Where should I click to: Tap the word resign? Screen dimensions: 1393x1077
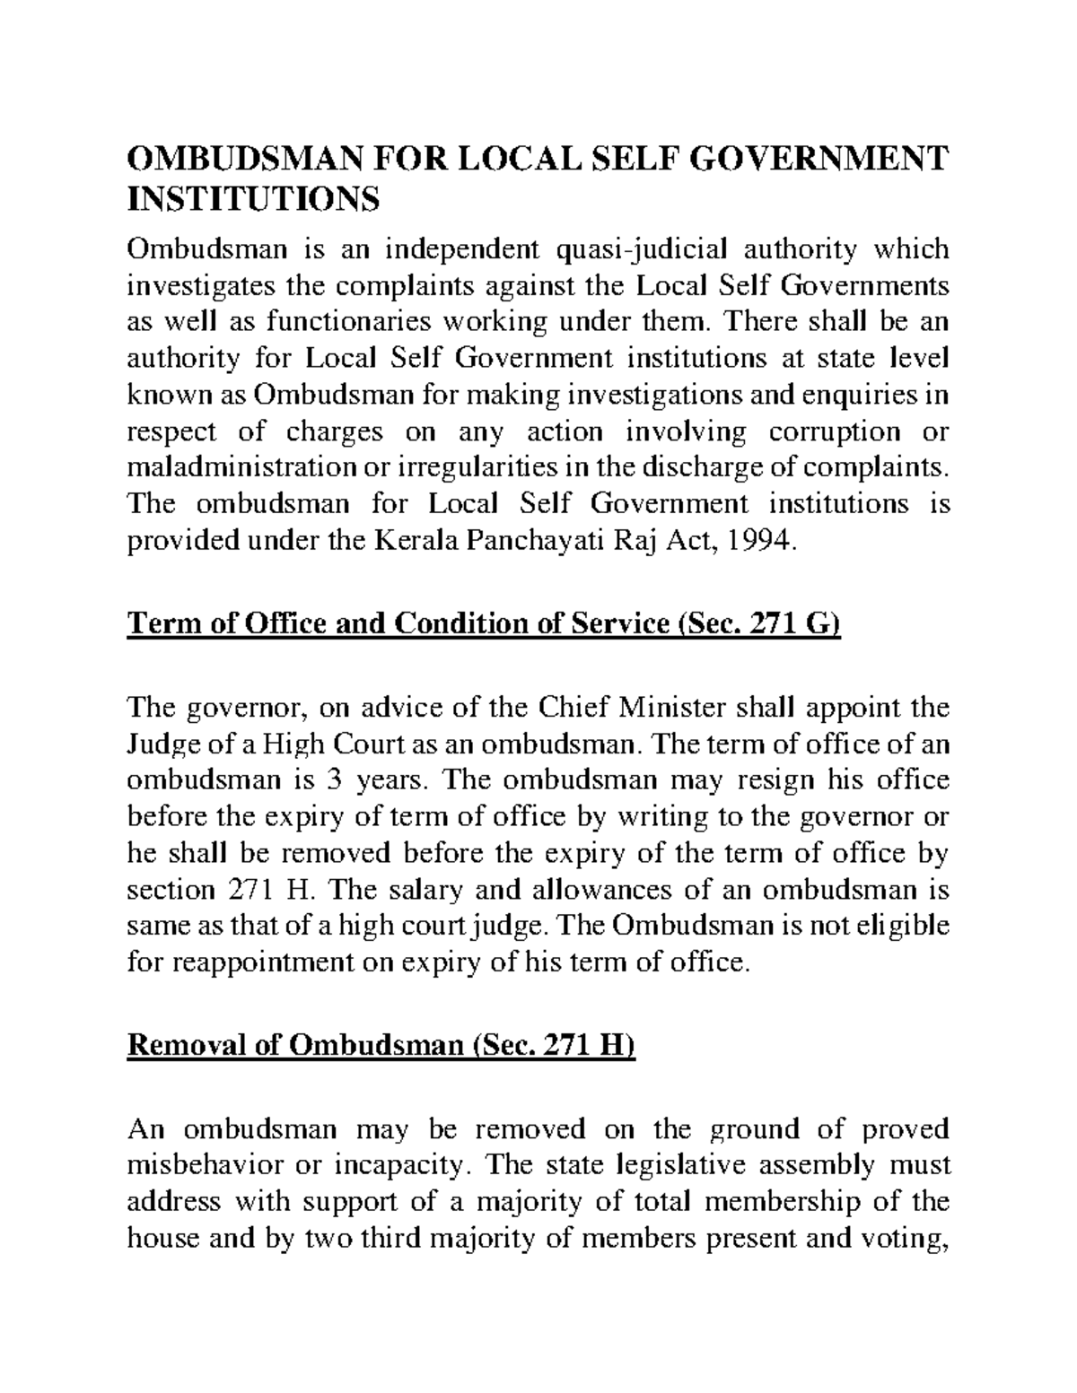click(767, 780)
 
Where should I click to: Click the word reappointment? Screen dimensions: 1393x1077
click(253, 963)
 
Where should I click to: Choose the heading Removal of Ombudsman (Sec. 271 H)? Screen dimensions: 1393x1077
click(381, 1047)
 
